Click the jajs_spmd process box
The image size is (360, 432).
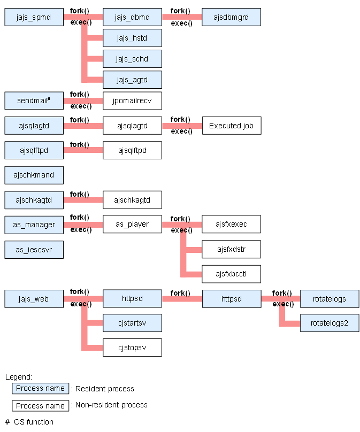point(34,17)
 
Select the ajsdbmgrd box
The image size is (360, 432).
point(231,17)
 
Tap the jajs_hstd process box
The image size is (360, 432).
point(132,38)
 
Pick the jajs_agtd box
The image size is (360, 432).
point(132,80)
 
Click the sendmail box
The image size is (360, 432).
point(34,101)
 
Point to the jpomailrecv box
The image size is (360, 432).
point(132,101)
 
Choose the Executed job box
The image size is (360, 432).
point(232,126)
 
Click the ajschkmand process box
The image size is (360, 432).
point(34,175)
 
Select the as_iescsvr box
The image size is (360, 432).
point(34,250)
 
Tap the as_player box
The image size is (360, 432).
point(132,224)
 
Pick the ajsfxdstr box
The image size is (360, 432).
point(231,249)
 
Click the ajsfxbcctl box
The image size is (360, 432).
point(231,274)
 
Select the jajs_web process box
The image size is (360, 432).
point(34,299)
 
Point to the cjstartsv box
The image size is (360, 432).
point(132,323)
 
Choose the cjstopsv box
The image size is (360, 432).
point(132,348)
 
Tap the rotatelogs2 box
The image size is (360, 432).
point(330,323)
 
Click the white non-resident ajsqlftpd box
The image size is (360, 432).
point(132,150)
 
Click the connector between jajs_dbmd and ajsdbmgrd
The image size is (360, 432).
point(182,17)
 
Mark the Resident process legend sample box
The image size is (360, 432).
point(40,389)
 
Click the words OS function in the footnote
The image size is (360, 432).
point(34,422)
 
